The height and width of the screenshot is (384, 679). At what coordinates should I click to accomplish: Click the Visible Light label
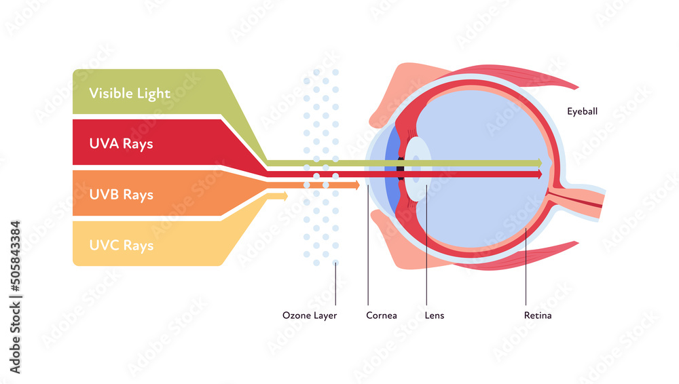click(130, 93)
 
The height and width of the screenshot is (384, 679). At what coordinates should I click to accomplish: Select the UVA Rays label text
click(121, 144)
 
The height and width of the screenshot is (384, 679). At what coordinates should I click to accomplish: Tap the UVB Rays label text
click(121, 195)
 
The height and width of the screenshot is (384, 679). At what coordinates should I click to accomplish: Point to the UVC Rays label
click(121, 246)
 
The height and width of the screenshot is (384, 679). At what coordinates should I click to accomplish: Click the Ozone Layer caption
click(310, 315)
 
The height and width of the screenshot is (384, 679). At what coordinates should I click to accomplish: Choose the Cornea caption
click(382, 315)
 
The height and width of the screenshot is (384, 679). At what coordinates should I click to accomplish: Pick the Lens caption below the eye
click(435, 315)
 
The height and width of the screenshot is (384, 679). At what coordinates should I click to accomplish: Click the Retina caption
click(538, 315)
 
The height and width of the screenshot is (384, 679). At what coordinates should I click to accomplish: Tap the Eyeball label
click(583, 111)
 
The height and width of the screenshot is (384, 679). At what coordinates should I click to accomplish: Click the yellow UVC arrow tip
click(285, 196)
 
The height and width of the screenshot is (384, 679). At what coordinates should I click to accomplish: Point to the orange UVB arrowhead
click(356, 185)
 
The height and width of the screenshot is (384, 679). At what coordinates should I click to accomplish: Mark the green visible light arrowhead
click(539, 163)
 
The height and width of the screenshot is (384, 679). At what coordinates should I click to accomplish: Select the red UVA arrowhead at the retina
click(539, 174)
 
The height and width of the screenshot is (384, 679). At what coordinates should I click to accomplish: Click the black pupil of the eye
click(401, 169)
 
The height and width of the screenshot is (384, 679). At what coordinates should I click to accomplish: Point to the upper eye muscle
click(516, 75)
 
